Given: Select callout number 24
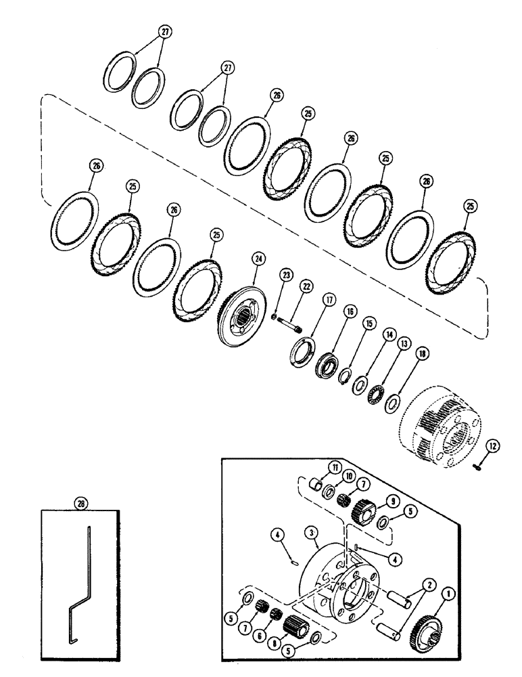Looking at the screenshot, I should [x=257, y=257].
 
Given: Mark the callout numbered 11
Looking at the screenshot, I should [x=334, y=466].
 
